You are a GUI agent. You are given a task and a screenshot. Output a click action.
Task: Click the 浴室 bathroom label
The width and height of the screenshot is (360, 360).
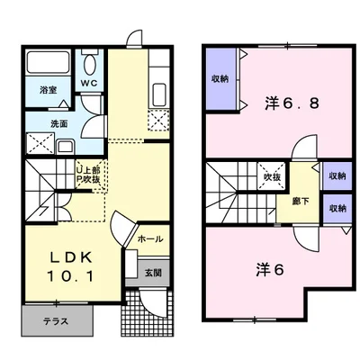(48, 90)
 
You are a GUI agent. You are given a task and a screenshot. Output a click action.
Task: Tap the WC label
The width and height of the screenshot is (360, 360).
(89, 83)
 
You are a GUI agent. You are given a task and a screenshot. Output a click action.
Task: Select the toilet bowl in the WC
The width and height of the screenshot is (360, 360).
(89, 64)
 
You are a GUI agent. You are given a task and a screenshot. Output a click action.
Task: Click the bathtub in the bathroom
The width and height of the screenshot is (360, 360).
(49, 62)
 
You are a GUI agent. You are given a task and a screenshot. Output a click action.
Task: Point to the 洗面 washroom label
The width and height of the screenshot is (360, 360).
(58, 123)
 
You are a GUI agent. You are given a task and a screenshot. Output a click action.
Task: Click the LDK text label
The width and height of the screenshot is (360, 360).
(70, 257)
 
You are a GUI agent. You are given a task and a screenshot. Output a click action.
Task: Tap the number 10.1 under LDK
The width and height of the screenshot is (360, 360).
(70, 276)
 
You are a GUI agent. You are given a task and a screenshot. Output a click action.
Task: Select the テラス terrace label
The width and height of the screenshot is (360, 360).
(56, 321)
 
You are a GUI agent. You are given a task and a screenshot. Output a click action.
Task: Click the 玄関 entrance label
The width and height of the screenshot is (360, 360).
(153, 273)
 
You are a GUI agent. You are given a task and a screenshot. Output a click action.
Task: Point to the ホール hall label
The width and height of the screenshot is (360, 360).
(150, 239)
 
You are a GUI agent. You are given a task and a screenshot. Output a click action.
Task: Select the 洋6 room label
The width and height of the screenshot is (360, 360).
(270, 270)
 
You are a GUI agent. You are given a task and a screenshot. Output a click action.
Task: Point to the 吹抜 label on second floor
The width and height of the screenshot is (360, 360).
(272, 177)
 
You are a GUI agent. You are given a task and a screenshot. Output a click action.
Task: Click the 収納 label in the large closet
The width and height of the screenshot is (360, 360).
(220, 79)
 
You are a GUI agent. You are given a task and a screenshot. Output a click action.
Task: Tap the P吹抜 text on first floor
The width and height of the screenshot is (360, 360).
(88, 179)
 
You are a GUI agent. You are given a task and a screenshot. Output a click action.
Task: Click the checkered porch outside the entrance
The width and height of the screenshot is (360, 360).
(147, 312)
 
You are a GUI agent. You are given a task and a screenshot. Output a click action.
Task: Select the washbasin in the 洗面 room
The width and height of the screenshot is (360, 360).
(65, 147)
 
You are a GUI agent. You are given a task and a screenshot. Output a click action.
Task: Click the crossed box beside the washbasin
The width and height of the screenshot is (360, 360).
(40, 144)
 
